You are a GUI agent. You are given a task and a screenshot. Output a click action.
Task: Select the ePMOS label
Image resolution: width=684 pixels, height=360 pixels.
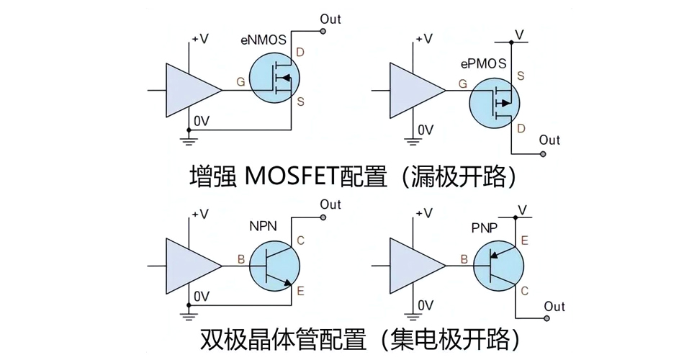(x=483, y=64)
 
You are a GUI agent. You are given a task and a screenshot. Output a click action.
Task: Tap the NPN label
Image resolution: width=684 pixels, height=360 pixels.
(x=264, y=225)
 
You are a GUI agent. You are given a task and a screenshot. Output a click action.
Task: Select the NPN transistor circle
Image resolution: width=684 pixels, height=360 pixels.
(x=276, y=264)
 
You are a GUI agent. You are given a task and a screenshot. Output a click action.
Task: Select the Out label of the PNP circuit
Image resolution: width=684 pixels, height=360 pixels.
(x=554, y=307)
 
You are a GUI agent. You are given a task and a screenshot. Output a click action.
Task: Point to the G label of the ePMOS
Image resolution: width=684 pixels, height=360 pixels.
(x=462, y=84)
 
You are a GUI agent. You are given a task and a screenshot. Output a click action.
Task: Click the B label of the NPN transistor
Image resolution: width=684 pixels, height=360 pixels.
(x=240, y=257)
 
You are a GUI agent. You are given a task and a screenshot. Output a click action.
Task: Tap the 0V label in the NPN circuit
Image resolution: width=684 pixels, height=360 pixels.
(x=202, y=296)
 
